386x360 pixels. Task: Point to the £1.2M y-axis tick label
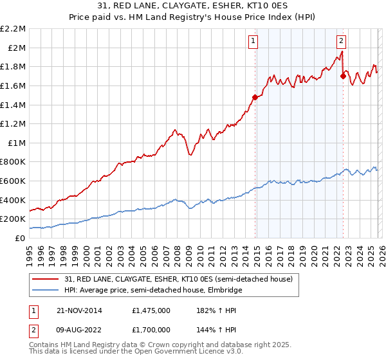(14, 123)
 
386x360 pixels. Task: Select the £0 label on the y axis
(20, 238)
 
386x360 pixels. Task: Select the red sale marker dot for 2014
(255, 98)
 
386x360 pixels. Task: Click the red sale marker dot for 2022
(343, 76)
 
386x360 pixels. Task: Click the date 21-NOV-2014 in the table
(78, 310)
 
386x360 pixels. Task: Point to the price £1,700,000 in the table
(152, 329)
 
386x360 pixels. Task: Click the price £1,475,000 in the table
(152, 310)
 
